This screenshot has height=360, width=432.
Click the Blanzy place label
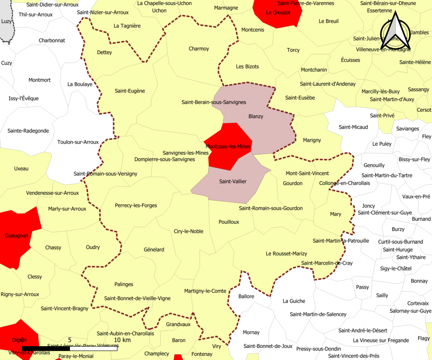click(x=256, y=116)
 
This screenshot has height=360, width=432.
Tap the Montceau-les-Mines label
click(x=228, y=146)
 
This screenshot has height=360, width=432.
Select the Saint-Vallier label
click(x=233, y=181)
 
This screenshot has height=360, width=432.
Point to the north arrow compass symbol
click(x=396, y=31)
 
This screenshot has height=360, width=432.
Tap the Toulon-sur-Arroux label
click(x=78, y=142)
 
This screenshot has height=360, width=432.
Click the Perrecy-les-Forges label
click(x=136, y=206)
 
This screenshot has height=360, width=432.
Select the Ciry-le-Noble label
click(x=189, y=231)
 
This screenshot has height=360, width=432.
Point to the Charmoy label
click(x=199, y=49)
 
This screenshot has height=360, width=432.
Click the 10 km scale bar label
click(x=122, y=340)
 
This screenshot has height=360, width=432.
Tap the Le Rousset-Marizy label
click(x=286, y=254)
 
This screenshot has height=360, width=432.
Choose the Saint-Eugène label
click(x=130, y=91)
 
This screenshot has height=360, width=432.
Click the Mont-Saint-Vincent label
click(x=307, y=173)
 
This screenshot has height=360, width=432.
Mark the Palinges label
click(x=124, y=284)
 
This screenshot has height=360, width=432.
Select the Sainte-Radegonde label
click(x=28, y=131)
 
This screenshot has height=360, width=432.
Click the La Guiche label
click(x=294, y=301)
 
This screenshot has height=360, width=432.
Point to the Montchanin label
click(x=314, y=70)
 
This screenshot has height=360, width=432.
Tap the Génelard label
click(x=154, y=250)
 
